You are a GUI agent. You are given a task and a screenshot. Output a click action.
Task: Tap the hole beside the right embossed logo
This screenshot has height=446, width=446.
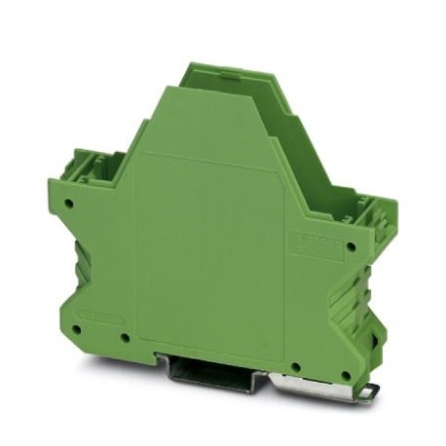click(x=350, y=245)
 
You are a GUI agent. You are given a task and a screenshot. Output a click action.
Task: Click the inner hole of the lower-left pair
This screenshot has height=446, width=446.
click(x=125, y=340)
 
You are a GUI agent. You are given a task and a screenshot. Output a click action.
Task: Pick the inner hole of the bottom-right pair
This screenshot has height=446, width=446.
click(x=294, y=366)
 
